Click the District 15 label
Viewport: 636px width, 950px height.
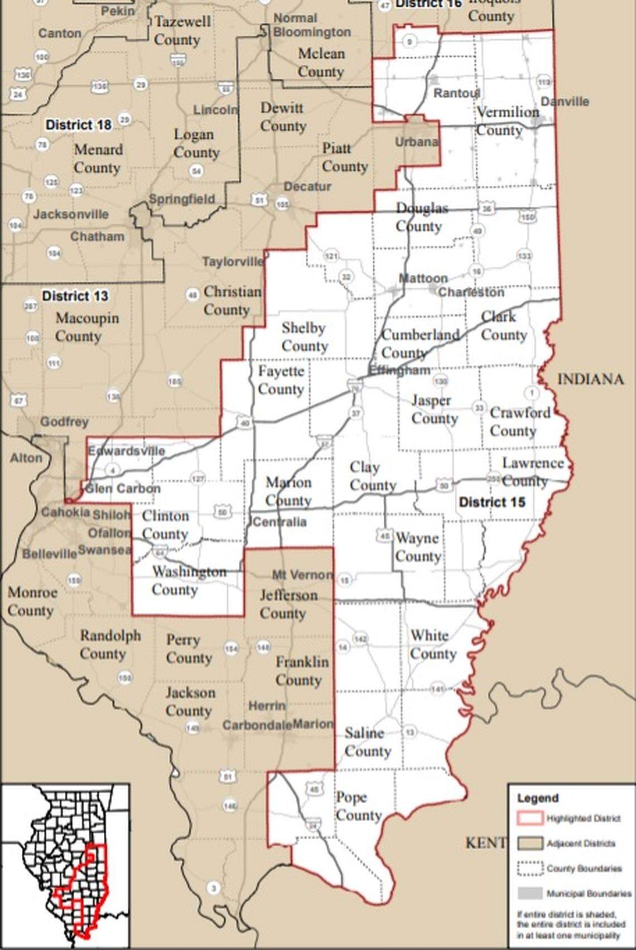[x=492, y=502]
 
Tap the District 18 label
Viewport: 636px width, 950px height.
[x=78, y=124]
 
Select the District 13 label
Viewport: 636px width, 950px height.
[x=75, y=296]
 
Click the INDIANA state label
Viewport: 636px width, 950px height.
[x=590, y=379]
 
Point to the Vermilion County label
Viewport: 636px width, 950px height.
[x=507, y=121]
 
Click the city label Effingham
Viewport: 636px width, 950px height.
[x=399, y=370]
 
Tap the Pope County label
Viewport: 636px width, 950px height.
[x=358, y=807]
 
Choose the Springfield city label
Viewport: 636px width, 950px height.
[x=181, y=199]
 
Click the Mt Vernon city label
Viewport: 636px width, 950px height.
[x=302, y=575]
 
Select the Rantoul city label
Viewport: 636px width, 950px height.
[x=456, y=93]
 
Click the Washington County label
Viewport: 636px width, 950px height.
[x=189, y=581]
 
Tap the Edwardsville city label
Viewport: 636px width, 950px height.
[x=126, y=451]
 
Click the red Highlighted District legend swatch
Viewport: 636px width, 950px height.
[x=529, y=818]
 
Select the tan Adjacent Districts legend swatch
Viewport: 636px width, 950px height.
[x=529, y=843]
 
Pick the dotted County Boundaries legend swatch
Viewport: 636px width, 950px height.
[x=529, y=869]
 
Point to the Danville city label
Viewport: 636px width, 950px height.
[x=565, y=102]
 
